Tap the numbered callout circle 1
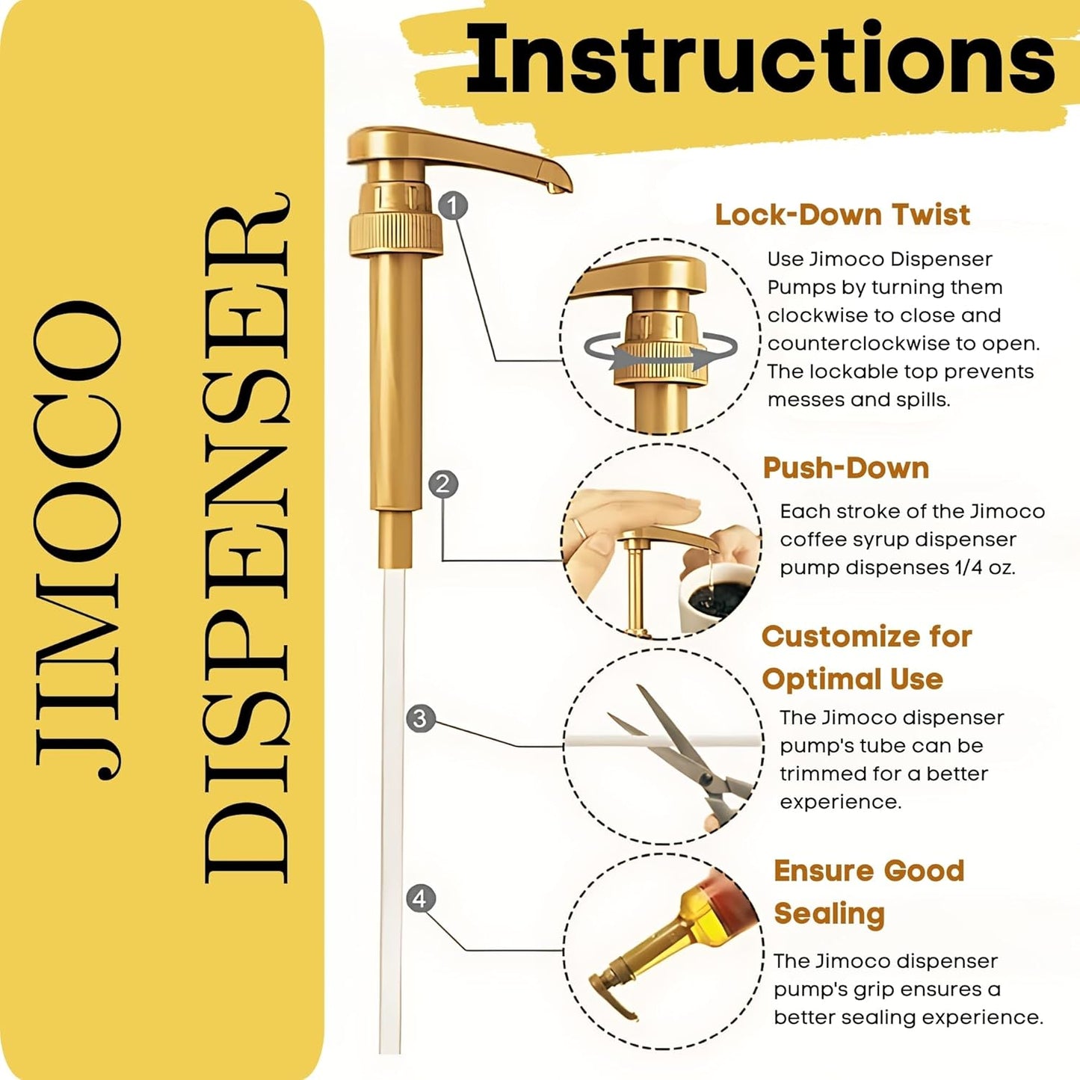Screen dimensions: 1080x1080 [x=453, y=205]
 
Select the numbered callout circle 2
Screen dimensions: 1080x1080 [x=443, y=484]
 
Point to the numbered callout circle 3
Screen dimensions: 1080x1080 [x=420, y=718]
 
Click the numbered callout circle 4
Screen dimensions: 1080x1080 [x=420, y=898]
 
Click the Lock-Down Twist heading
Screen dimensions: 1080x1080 [x=842, y=215]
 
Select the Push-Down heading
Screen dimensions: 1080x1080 [x=845, y=468]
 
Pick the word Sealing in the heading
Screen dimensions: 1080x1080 [x=829, y=913]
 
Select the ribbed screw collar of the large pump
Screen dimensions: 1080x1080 [x=395, y=232]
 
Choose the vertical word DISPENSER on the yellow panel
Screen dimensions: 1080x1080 [x=247, y=538]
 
